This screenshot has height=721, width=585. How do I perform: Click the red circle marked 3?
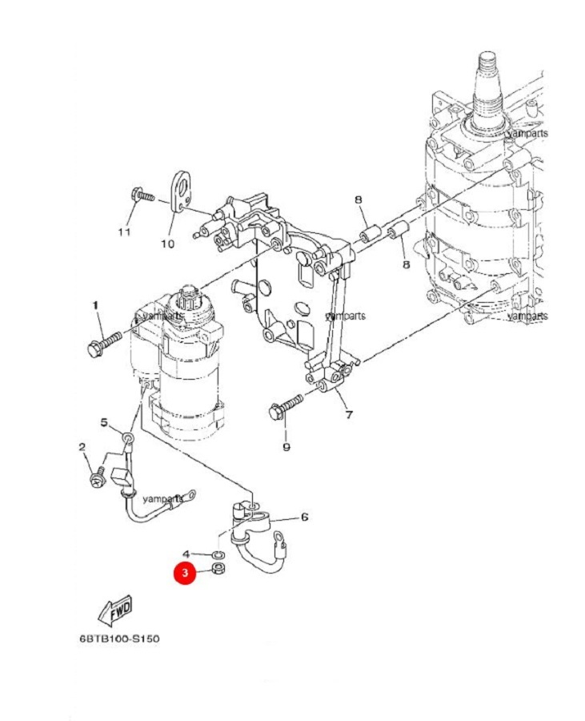pyautogui.click(x=185, y=573)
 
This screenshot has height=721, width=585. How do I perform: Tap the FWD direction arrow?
pyautogui.click(x=115, y=610)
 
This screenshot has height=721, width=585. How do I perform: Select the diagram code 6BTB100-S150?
pyautogui.click(x=119, y=638)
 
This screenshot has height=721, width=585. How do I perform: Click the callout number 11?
pyautogui.click(x=124, y=232)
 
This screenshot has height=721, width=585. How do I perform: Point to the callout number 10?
pyautogui.click(x=167, y=244)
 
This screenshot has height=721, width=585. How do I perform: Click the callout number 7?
pyautogui.click(x=349, y=415)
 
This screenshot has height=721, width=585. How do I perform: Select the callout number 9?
pyautogui.click(x=286, y=447)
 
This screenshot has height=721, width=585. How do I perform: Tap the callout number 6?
pyautogui.click(x=304, y=518)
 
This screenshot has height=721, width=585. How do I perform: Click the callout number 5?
pyautogui.click(x=104, y=422)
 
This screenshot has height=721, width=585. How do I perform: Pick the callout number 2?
pyautogui.click(x=82, y=446)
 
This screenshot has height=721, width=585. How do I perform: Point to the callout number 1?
pyautogui.click(x=95, y=305)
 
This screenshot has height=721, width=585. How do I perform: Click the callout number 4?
pyautogui.click(x=186, y=554)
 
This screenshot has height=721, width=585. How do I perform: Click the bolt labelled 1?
pyautogui.click(x=104, y=344)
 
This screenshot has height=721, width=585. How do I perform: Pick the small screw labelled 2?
pyautogui.click(x=98, y=477)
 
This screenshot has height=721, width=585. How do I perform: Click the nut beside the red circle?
pyautogui.click(x=218, y=570)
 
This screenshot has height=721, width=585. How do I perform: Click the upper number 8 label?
pyautogui.click(x=359, y=200)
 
